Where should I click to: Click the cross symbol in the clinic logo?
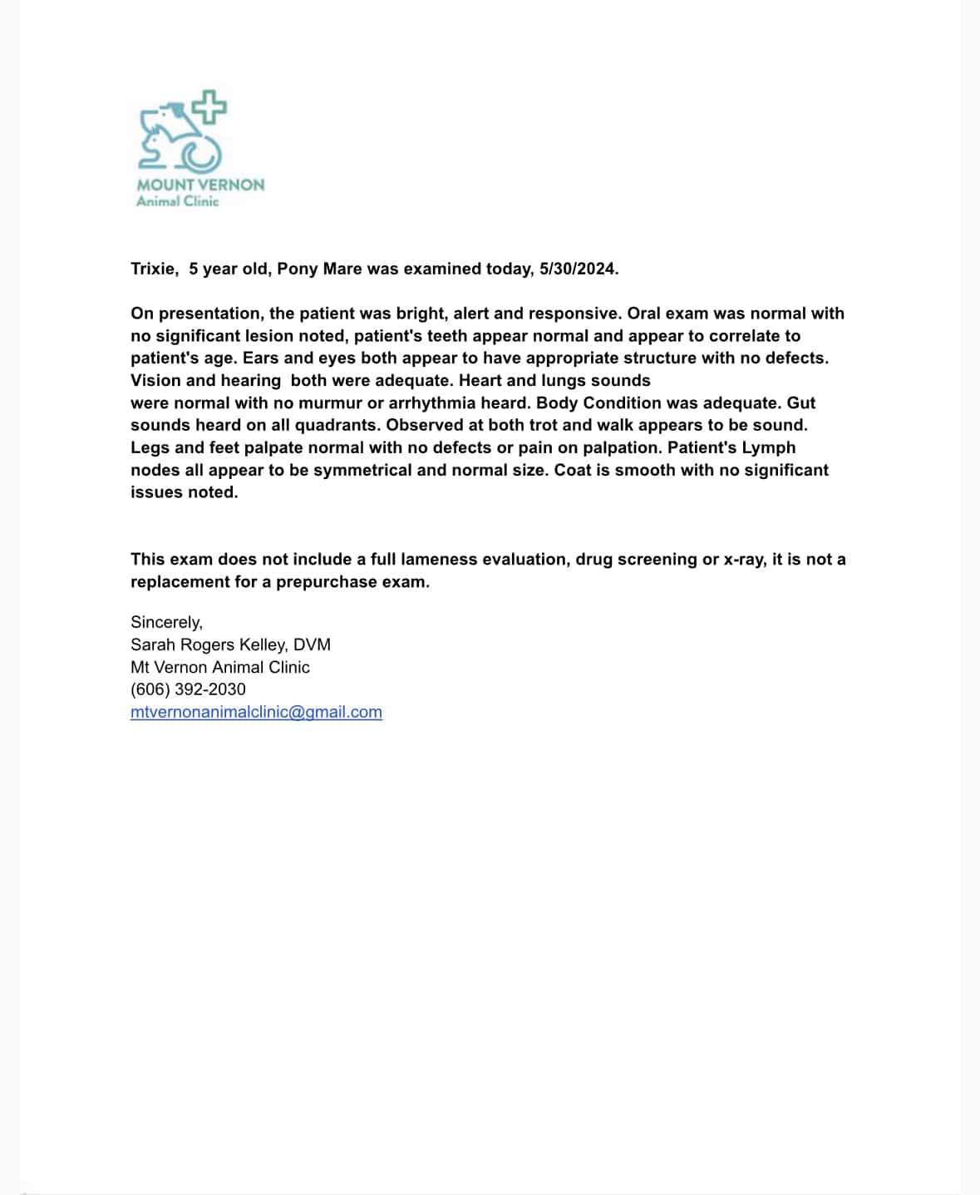[210, 107]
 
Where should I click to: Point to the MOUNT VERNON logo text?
[200, 185]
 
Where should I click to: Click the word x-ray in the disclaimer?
[743, 559]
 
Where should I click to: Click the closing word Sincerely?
[166, 622]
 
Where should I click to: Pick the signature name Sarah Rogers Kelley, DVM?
[230, 644]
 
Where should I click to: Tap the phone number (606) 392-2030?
[188, 689]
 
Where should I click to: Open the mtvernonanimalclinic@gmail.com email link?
[256, 712]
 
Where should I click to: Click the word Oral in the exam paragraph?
[645, 314]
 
